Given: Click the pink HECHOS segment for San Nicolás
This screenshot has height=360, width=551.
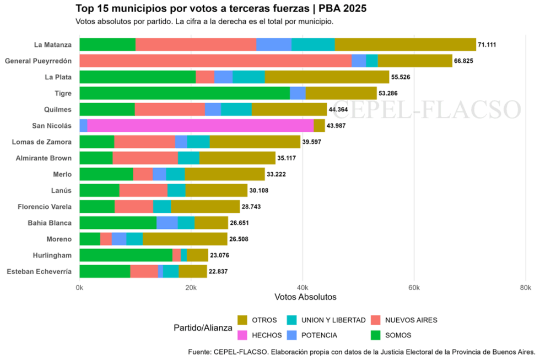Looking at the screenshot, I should tap(201, 126).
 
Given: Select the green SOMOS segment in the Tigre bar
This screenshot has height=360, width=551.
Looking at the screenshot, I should tap(185, 93).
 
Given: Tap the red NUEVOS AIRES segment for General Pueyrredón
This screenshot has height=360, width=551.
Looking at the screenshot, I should tap(215, 61).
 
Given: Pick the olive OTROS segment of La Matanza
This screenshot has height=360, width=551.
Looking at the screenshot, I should tap(405, 45).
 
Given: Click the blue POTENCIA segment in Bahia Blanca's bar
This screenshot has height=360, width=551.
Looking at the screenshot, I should tap(167, 223).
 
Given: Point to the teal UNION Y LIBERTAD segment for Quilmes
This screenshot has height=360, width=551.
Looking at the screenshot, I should tap(236, 109).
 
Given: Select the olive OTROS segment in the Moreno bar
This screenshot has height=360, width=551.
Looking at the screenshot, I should tap(185, 239).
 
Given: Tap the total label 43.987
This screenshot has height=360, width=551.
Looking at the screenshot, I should tap(338, 126).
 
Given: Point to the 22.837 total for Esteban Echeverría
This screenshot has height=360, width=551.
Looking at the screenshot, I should tap(219, 271).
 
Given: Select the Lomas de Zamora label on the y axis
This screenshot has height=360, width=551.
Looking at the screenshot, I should tap(42, 142).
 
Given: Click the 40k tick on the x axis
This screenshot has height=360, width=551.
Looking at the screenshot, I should tap(302, 288).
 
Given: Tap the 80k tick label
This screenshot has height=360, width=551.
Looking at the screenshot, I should tap(525, 288).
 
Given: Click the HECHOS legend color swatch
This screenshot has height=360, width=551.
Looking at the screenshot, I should tap(242, 335).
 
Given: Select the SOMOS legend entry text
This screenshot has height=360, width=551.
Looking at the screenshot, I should tap(398, 335).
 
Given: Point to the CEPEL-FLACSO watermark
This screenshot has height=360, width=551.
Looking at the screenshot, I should tap(427, 109).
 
